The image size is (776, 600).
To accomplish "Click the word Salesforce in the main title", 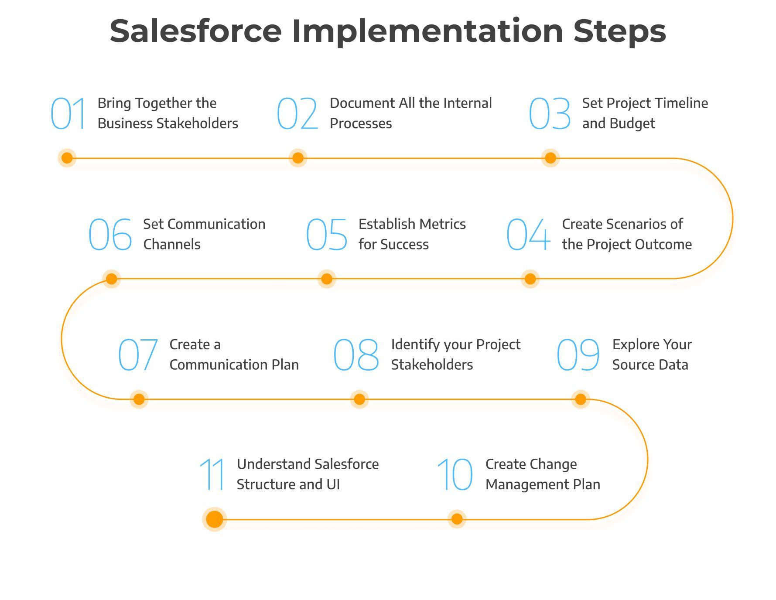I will (195, 31).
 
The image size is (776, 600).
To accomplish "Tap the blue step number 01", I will (68, 114).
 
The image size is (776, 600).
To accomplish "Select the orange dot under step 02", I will (298, 158).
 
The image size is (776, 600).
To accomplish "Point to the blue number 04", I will (528, 235).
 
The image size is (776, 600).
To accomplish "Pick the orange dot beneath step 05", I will (327, 279).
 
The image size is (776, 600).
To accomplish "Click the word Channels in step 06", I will (172, 245).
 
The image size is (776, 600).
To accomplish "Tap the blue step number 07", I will (138, 355).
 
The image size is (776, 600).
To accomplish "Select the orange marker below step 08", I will (359, 399).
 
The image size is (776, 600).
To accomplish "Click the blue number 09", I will (578, 355).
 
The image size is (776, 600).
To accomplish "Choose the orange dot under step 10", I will (457, 519).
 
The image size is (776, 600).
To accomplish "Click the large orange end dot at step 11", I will (215, 519).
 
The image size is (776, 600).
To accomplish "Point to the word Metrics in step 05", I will (444, 224).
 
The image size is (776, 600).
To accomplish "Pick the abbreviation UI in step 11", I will (333, 484).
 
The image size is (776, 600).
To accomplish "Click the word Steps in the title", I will (619, 31).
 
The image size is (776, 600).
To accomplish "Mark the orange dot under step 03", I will (550, 158).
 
